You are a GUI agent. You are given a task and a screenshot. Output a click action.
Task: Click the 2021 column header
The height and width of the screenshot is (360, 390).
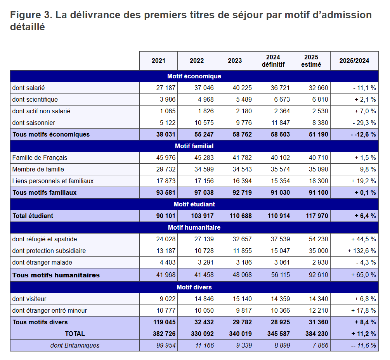(158, 61)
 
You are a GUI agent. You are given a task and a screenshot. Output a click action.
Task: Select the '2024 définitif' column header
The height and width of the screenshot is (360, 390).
(273, 61)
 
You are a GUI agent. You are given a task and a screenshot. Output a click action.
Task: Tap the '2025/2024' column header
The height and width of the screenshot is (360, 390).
(354, 61)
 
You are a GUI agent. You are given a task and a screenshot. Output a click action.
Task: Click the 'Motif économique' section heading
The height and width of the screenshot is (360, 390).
(194, 76)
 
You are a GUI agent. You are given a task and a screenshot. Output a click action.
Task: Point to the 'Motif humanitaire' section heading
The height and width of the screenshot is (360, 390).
(194, 228)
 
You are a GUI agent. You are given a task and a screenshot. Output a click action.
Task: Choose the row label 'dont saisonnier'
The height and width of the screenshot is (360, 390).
(34, 123)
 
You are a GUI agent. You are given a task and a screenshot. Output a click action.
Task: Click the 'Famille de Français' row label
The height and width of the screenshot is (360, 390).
(40, 158)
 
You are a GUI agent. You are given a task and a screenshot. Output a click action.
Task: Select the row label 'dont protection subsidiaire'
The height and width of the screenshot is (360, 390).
(49, 251)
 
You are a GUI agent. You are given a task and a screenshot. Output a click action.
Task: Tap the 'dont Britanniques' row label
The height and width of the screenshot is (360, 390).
(75, 346)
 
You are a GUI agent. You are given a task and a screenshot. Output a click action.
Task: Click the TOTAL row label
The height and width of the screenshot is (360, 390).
(75, 334)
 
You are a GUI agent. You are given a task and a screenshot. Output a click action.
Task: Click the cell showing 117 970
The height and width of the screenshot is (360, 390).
(317, 216)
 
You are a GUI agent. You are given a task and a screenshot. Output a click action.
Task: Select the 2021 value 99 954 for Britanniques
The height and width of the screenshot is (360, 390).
(166, 346)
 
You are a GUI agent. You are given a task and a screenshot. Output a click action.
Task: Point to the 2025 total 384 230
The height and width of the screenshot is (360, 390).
(317, 334)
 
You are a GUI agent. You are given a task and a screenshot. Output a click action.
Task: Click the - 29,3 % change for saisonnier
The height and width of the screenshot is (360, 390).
(364, 123)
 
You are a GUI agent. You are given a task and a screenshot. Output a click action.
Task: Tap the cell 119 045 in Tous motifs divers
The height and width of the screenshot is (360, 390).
(164, 322)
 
